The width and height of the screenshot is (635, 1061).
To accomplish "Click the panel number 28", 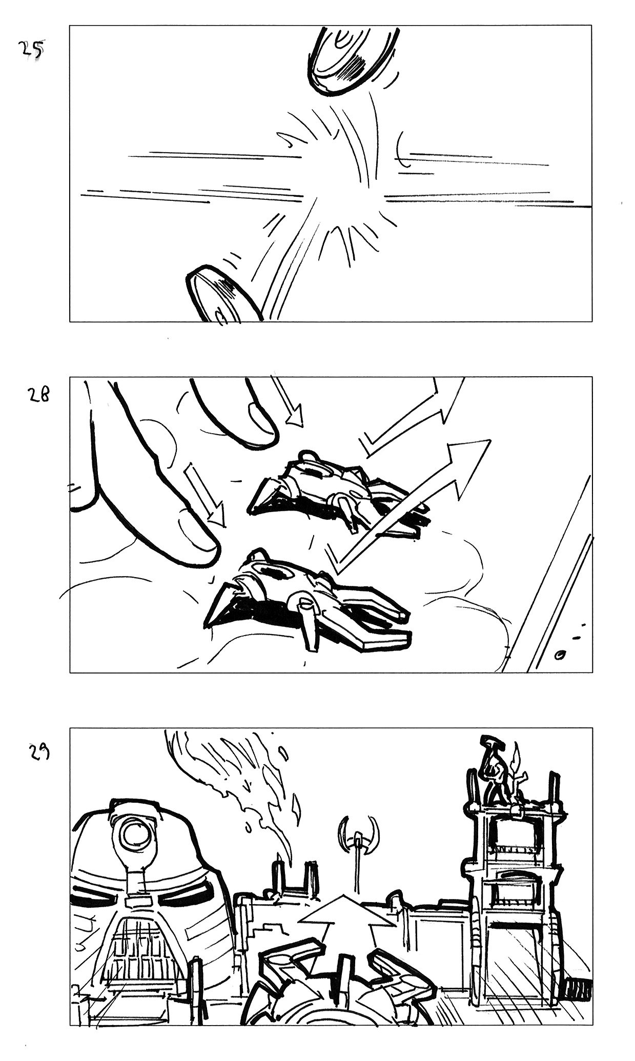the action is pyautogui.click(x=38, y=395).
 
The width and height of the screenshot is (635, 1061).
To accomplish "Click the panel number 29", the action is pyautogui.click(x=38, y=751).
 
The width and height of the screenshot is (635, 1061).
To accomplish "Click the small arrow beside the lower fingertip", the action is pyautogui.click(x=205, y=495).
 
